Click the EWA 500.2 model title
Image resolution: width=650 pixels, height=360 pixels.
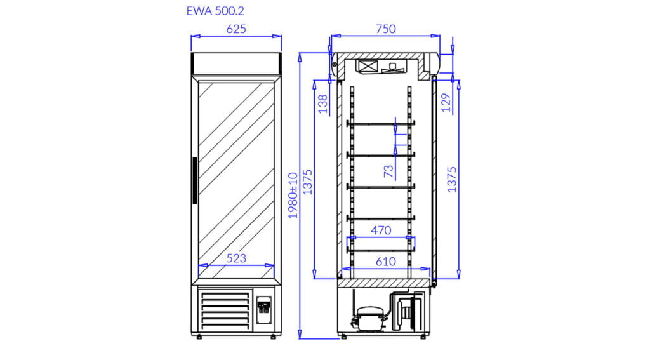(215, 11)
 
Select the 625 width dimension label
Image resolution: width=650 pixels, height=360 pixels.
(236, 29)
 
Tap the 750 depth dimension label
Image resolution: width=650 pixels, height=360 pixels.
(385, 29)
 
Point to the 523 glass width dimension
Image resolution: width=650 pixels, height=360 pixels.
(236, 258)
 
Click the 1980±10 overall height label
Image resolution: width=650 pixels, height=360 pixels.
(293, 196)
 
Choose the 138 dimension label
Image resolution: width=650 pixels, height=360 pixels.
(322, 104)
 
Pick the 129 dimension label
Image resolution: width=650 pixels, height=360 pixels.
(446, 103)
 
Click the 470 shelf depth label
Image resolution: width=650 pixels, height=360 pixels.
(381, 230)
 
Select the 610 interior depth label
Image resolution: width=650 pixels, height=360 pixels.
(385, 262)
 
